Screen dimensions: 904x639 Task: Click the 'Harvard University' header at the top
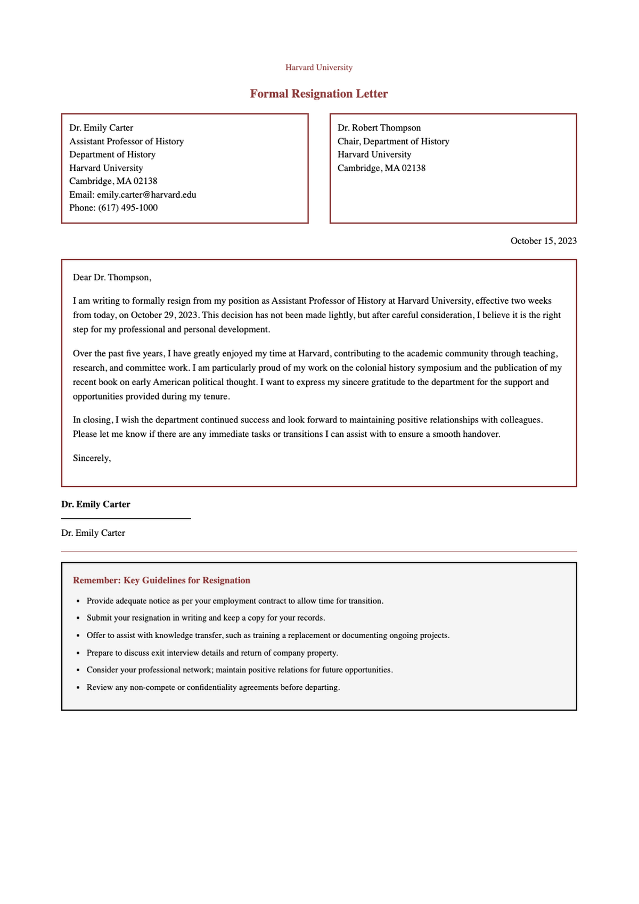[x=318, y=68]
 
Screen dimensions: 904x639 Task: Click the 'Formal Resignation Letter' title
[x=318, y=94]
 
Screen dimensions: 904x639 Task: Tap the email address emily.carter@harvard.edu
[x=146, y=194]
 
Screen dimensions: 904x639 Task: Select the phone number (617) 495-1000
[x=128, y=208]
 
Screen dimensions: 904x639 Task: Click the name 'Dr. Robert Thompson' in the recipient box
[x=379, y=128]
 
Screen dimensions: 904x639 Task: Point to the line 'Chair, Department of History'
[x=393, y=141]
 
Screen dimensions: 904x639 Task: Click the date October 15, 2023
[x=543, y=241]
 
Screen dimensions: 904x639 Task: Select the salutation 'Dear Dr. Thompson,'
[x=112, y=278]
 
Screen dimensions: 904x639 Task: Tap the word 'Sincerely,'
[x=92, y=458]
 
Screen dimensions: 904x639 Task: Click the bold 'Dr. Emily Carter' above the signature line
[x=95, y=504]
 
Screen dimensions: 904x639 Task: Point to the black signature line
[x=126, y=518]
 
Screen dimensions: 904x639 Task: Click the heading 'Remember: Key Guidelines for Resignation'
[x=161, y=580]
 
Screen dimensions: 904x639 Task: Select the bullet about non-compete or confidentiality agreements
[x=213, y=687]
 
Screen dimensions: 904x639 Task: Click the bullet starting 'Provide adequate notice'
[x=234, y=601]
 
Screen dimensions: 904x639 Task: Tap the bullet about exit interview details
[x=212, y=653]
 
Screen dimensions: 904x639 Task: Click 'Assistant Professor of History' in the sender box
[x=126, y=141]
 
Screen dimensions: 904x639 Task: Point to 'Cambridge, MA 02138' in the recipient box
[x=381, y=168]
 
